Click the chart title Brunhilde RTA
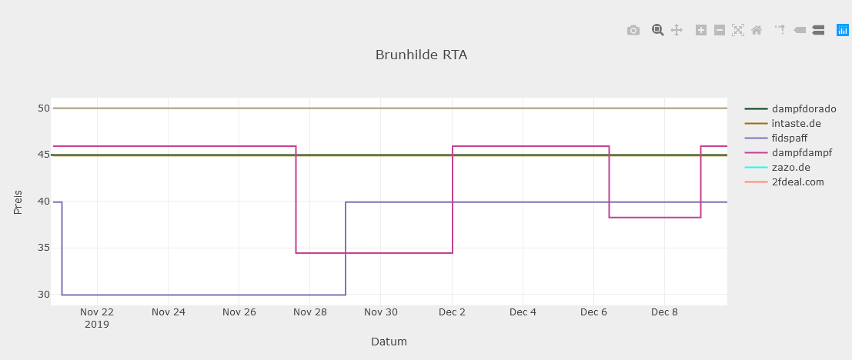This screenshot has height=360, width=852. [421, 55]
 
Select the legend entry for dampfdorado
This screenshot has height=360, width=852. [804, 109]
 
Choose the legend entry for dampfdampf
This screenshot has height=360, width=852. [801, 153]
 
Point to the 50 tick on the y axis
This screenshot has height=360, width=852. [43, 108]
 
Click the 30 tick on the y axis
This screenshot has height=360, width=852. [43, 295]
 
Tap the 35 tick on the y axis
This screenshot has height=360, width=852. [43, 248]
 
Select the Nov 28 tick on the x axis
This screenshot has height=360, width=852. [310, 312]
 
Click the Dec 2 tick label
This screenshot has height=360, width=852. [452, 312]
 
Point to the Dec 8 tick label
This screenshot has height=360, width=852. [664, 312]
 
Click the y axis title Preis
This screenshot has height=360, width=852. [18, 202]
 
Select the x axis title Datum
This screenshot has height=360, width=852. [389, 342]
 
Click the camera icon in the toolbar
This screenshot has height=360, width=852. [633, 30]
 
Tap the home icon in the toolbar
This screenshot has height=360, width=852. [757, 30]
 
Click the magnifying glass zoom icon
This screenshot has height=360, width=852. [657, 30]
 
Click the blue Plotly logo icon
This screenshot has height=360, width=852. [843, 30]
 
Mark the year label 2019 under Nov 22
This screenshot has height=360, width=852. [97, 325]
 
